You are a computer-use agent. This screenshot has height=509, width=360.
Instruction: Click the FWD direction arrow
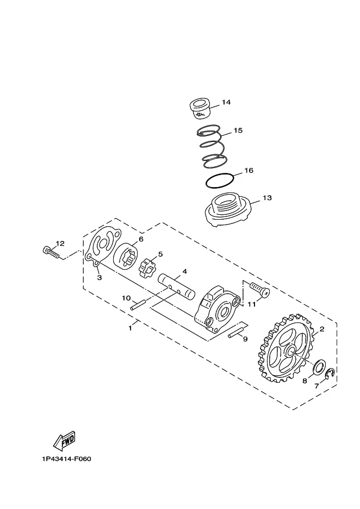click(x=64, y=441)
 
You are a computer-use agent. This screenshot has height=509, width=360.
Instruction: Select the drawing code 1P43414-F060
click(x=66, y=459)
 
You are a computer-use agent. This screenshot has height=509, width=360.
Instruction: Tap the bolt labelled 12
click(x=51, y=252)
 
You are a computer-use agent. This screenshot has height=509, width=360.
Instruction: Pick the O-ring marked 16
click(x=220, y=181)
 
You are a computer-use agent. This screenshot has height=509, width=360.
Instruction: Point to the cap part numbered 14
click(x=200, y=109)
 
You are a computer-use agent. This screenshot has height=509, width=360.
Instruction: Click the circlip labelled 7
click(x=330, y=374)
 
